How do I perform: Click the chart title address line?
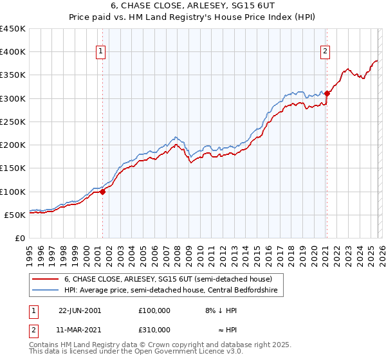[193, 6]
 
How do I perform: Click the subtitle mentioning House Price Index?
[193, 17]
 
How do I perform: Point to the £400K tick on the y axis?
[13, 52]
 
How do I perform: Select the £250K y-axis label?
[13, 122]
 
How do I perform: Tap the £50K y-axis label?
[15, 215]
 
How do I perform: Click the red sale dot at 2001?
[102, 192]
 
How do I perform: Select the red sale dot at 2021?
[327, 94]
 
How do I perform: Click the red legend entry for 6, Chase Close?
[168, 279]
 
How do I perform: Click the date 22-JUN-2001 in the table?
[80, 310]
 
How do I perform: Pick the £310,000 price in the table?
[154, 329]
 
